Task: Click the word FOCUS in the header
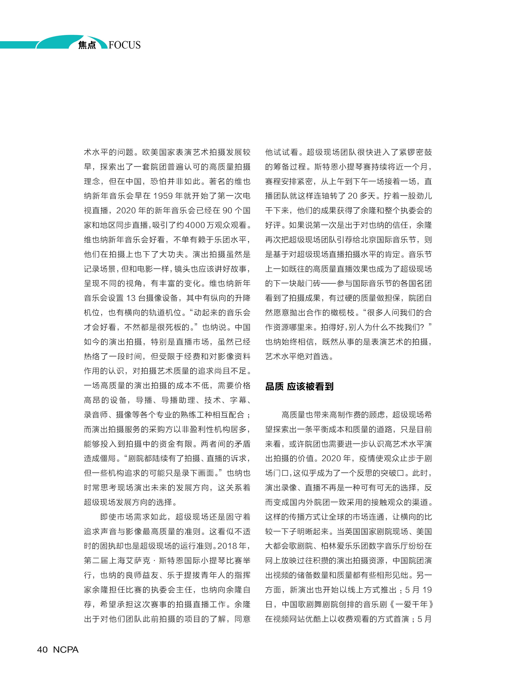pyautogui.click(x=125, y=45)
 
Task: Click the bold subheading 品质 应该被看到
pyautogui.click(x=299, y=386)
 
